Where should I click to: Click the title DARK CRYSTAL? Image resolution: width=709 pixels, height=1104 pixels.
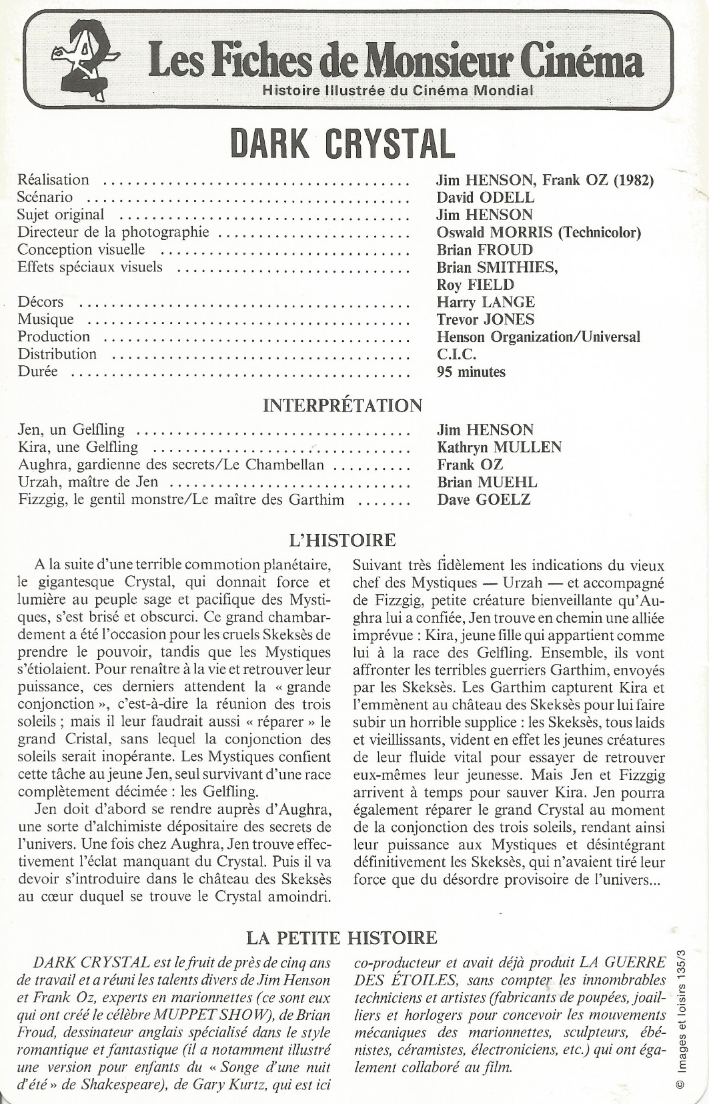pyautogui.click(x=342, y=143)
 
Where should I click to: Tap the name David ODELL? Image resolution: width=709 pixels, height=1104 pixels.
pyautogui.click(x=485, y=197)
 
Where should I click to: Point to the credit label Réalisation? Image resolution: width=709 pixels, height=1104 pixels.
pyautogui.click(x=53, y=179)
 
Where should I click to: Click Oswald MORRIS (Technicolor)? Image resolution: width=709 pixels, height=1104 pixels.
pyautogui.click(x=538, y=232)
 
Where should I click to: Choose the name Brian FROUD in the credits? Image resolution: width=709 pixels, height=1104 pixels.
pyautogui.click(x=485, y=250)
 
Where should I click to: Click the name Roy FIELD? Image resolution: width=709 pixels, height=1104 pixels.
pyautogui.click(x=475, y=285)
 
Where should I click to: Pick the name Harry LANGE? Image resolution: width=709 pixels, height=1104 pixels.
pyautogui.click(x=486, y=302)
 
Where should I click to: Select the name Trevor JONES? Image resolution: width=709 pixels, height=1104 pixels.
pyautogui.click(x=485, y=319)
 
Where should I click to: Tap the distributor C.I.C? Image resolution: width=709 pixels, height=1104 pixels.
pyautogui.click(x=456, y=354)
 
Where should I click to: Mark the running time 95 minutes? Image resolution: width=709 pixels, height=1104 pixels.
pyautogui.click(x=471, y=372)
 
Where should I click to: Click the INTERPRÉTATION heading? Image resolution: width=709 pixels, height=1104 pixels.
pyautogui.click(x=343, y=405)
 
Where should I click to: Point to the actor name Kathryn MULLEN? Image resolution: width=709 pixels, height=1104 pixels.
pyautogui.click(x=499, y=447)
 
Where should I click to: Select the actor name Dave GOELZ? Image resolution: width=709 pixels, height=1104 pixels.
pyautogui.click(x=484, y=499)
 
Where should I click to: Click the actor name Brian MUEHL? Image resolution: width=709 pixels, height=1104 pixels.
pyautogui.click(x=487, y=482)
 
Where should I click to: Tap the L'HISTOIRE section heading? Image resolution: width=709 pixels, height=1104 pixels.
pyautogui.click(x=343, y=540)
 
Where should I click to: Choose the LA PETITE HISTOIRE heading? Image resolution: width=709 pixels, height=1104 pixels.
pyautogui.click(x=341, y=938)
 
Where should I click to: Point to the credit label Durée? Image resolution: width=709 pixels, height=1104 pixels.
pyautogui.click(x=37, y=371)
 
